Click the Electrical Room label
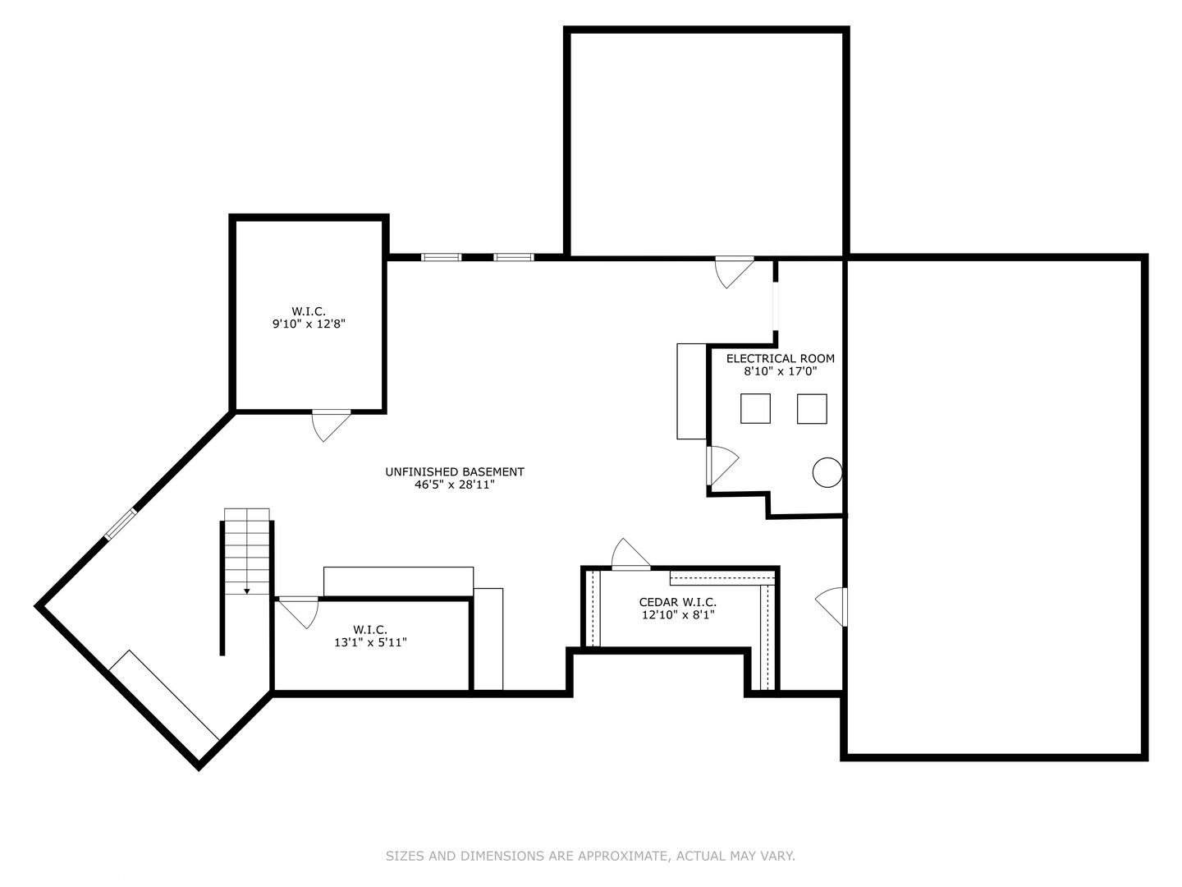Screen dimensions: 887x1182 click(780, 358)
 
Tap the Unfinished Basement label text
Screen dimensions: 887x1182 click(454, 471)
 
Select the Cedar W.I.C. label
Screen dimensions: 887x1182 click(677, 602)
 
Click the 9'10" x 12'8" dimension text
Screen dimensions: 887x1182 click(309, 324)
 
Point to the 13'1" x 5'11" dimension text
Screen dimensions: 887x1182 click(370, 642)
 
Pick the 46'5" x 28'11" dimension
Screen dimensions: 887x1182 click(454, 485)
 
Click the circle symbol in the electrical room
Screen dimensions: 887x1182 click(827, 472)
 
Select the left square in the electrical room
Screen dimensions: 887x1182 click(755, 408)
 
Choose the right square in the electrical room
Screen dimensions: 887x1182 click(812, 408)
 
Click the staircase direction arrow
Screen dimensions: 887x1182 click(247, 590)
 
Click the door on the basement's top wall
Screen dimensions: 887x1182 click(733, 270)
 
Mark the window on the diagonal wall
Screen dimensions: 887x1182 click(121, 524)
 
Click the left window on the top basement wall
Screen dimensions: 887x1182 click(441, 257)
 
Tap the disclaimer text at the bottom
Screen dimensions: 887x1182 click(590, 856)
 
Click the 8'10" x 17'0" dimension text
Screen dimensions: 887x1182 click(780, 371)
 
